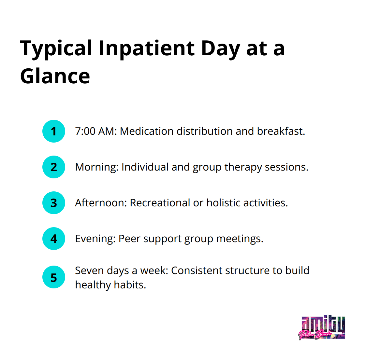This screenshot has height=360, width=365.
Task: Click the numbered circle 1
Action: tap(54, 131)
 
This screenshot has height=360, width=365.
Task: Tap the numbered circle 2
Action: tap(54, 167)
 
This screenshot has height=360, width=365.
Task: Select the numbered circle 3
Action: tap(54, 203)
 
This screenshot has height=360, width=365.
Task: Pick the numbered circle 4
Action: tap(54, 239)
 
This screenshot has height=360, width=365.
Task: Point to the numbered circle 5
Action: tap(54, 278)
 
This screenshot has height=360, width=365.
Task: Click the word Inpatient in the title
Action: tap(147, 49)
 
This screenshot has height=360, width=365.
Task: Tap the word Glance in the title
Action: tap(55, 76)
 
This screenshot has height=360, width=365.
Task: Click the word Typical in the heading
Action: tap(56, 49)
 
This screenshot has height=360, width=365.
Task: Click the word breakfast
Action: tap(281, 131)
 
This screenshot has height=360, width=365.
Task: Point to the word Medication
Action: tap(147, 131)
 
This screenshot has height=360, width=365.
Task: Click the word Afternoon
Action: tap(101, 203)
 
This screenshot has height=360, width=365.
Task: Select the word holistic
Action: tap(224, 203)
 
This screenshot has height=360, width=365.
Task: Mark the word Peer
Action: tap(129, 239)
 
